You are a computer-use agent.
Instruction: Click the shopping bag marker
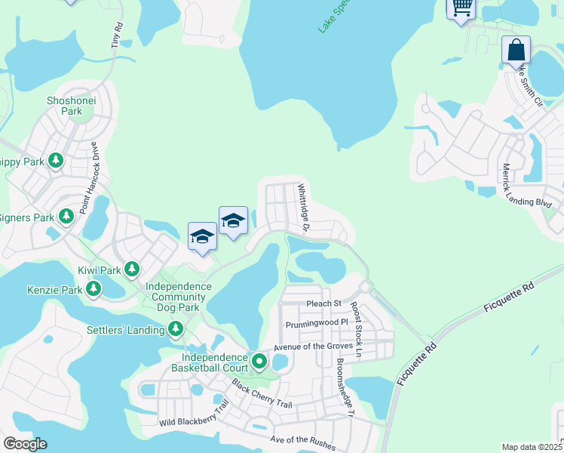pyautogui.click(x=516, y=50)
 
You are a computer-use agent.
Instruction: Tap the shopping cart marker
pyautogui.click(x=461, y=8)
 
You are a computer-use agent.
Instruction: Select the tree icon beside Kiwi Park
pyautogui.click(x=132, y=269)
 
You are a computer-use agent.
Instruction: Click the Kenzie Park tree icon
pyautogui.click(x=93, y=288)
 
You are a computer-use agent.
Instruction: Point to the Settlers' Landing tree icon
pyautogui.click(x=176, y=329)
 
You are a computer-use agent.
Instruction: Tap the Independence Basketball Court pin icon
pyautogui.click(x=259, y=362)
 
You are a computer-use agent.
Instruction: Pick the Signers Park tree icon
pyautogui.click(x=66, y=217)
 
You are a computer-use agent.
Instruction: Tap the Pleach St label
pyautogui.click(x=324, y=304)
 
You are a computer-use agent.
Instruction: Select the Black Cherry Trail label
pyautogui.click(x=262, y=393)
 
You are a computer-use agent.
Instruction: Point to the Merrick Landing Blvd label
pyautogui.click(x=527, y=186)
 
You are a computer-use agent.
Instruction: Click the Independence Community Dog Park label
pyautogui.click(x=178, y=297)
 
